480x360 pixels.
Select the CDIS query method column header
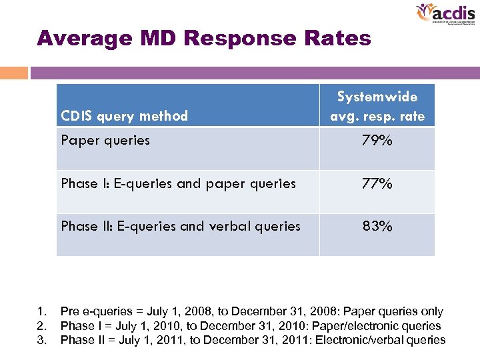click(x=124, y=116)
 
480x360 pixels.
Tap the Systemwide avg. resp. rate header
click(x=377, y=107)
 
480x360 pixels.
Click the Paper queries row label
click(x=105, y=140)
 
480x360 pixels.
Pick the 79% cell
click(x=377, y=141)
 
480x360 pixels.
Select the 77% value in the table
click(x=377, y=183)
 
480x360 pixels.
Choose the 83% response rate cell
click(x=377, y=226)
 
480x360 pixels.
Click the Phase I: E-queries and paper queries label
click(x=178, y=183)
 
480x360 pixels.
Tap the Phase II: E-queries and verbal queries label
click(x=181, y=226)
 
